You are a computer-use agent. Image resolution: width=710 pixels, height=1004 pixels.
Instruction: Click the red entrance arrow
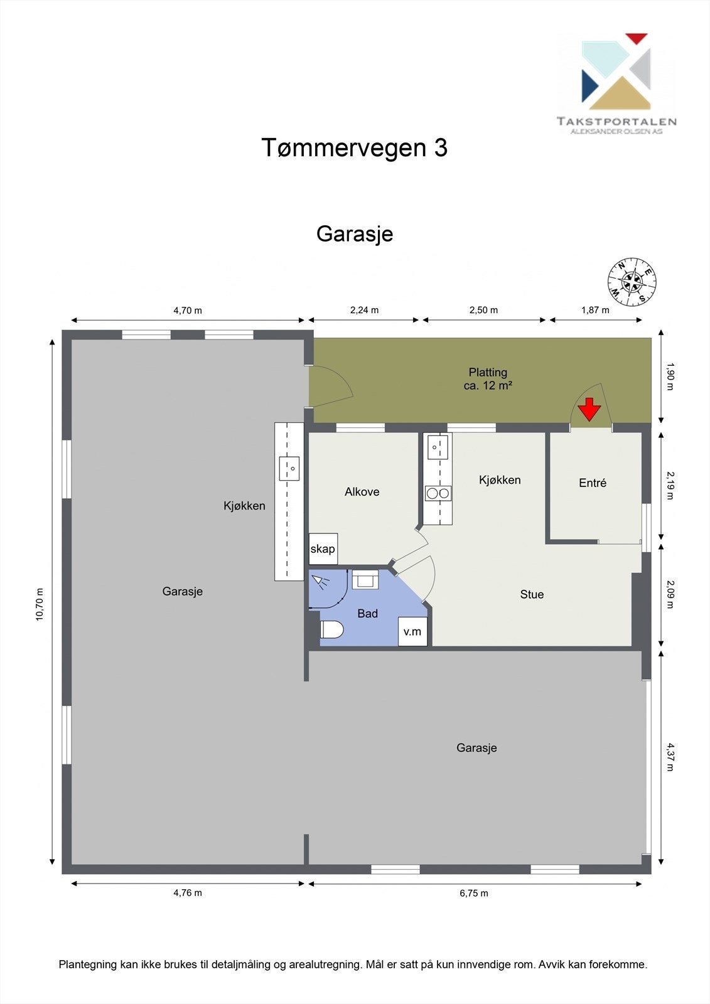click(589, 409)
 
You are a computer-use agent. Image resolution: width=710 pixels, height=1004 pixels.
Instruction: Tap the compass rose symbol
click(632, 282)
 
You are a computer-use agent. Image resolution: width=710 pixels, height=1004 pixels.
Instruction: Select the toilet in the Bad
click(331, 629)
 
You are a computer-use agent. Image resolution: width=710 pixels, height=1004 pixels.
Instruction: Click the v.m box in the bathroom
click(412, 632)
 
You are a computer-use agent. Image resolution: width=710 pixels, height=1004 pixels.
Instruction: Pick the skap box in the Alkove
click(323, 549)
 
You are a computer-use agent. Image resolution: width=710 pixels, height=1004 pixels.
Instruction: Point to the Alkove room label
click(362, 492)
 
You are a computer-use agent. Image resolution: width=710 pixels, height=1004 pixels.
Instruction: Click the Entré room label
click(593, 483)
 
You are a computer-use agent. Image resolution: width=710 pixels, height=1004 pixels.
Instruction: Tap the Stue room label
click(532, 594)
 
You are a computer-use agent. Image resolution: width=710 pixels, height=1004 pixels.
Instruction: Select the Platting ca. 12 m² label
click(488, 379)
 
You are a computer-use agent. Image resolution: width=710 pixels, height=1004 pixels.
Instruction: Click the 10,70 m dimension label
click(40, 604)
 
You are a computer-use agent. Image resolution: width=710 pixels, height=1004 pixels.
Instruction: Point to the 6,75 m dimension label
click(474, 893)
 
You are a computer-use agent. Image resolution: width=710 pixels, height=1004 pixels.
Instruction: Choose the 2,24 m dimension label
click(364, 310)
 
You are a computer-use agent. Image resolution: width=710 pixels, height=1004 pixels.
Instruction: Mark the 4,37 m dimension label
click(670, 757)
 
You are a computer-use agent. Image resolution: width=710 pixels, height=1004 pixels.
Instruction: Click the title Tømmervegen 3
click(354, 148)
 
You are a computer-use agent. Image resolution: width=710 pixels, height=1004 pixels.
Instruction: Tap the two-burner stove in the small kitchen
click(438, 493)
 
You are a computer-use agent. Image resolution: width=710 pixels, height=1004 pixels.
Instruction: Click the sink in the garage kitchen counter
click(289, 468)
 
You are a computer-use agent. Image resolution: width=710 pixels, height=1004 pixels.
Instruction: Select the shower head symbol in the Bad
click(321, 582)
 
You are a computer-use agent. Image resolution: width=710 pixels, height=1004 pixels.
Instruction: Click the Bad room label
click(367, 614)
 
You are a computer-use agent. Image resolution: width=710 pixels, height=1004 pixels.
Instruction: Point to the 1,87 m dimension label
click(595, 310)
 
